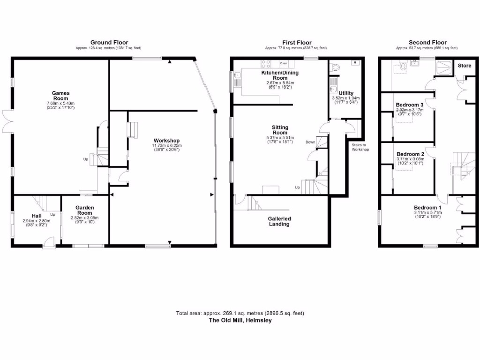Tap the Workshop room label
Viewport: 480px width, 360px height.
[166, 141]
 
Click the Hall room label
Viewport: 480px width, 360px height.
[36, 216]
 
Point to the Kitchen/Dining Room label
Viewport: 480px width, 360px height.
[280, 75]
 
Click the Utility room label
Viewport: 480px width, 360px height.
[346, 93]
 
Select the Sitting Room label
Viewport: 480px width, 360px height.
[280, 130]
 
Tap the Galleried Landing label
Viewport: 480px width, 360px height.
[279, 221]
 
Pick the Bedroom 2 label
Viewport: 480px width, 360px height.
[410, 154]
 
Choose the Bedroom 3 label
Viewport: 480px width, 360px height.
[410, 105]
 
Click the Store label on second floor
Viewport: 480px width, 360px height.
[464, 66]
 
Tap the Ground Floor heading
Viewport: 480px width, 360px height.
[109, 43]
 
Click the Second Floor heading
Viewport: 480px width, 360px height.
[427, 43]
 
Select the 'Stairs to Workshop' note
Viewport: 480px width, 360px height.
[360, 147]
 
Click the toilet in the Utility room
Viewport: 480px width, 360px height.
[335, 67]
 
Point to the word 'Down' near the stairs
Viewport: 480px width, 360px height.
[310, 142]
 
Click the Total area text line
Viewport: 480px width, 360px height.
[240, 313]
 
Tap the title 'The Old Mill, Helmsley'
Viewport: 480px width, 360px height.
[240, 321]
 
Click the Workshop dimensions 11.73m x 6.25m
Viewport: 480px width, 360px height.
[166, 146]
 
